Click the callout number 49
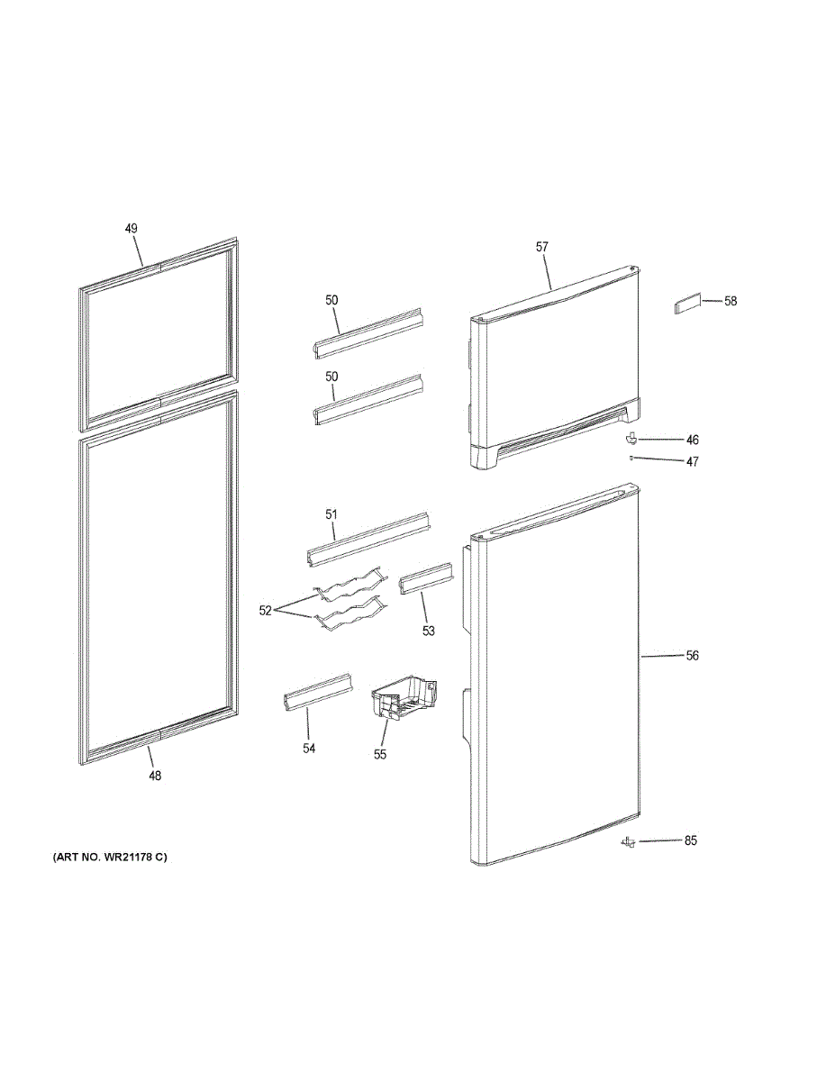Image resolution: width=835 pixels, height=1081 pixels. pos(131,229)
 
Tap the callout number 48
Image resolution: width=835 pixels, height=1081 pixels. pos(155,775)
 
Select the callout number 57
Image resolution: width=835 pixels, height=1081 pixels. pos(541,247)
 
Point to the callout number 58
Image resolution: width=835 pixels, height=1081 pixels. pos(731,301)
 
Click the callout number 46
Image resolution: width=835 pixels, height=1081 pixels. pos(693,440)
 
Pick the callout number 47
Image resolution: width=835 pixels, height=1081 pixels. pos(693,461)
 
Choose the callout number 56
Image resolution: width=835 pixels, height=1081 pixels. pos(693,656)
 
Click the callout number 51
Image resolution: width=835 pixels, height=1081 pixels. pos(331,514)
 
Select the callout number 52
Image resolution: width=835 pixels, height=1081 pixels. pos(265,611)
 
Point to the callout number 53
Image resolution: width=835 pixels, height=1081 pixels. pos(428,631)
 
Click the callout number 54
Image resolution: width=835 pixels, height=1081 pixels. pos(309,749)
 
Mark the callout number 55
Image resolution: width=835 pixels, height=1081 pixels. pos(379,754)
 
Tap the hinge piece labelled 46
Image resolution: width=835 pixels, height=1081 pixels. pos(631,439)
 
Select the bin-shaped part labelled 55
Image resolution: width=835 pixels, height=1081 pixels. pos(404,698)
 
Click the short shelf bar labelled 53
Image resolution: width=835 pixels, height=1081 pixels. pos(427,578)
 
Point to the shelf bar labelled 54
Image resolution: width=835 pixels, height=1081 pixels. pos(318,693)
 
